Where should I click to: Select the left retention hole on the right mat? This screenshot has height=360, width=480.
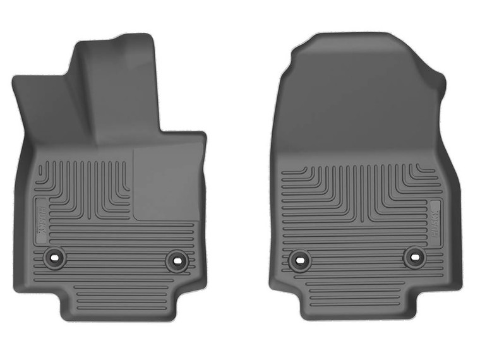click(299, 259)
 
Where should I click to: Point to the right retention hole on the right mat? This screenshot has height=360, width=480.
click(414, 256)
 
